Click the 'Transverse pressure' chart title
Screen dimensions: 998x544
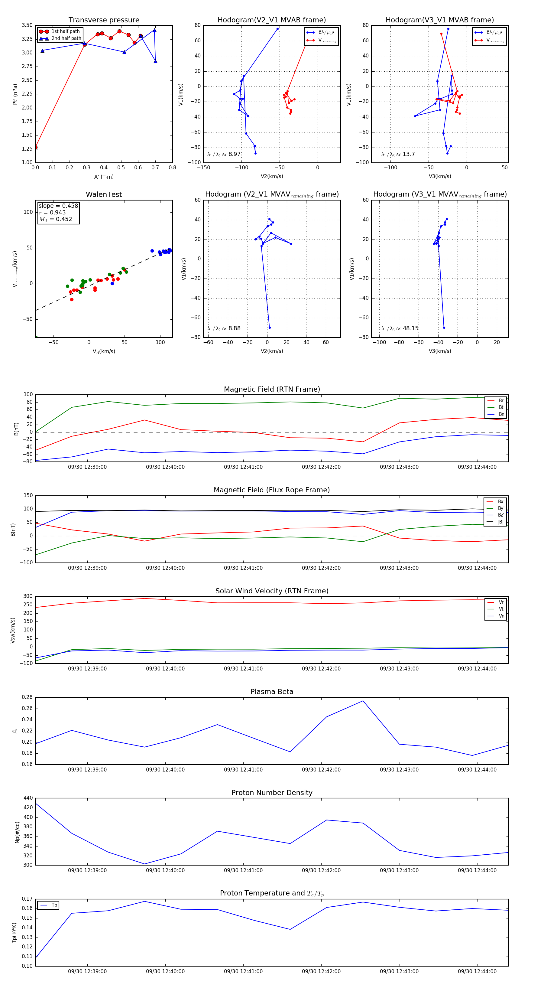click(104, 20)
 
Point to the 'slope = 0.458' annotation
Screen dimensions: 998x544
click(58, 206)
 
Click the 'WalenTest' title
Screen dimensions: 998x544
click(104, 194)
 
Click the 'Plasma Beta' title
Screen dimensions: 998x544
click(272, 692)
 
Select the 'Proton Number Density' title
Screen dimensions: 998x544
click(272, 793)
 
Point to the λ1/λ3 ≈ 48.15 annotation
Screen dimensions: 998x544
click(400, 328)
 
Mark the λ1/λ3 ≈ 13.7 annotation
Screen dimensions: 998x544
click(398, 154)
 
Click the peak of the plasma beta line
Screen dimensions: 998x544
click(363, 701)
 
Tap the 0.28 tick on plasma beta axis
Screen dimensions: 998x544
click(27, 697)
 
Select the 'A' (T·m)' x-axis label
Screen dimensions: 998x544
click(104, 177)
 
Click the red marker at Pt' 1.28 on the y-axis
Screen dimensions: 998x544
click(36, 147)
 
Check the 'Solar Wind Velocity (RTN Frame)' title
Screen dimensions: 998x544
click(272, 591)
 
